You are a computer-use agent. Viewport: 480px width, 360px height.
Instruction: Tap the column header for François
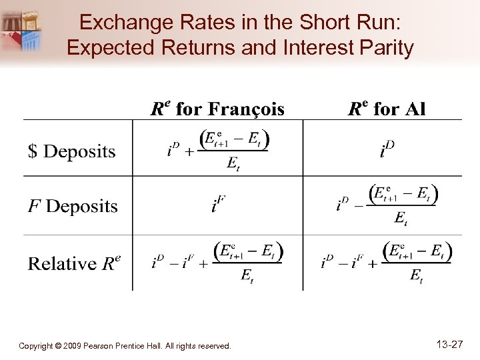pos(217,109)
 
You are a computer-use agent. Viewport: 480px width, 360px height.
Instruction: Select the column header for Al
pos(387,109)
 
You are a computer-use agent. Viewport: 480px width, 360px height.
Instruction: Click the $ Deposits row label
pos(72,152)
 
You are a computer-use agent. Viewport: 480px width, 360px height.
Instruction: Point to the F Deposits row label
pos(73,207)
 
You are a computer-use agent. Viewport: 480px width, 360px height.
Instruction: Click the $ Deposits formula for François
pos(219,149)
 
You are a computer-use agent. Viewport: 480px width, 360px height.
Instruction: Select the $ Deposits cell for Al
pos(387,151)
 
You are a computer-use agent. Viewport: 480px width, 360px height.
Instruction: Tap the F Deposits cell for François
pos(218,205)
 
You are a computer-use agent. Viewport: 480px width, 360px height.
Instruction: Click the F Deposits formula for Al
pos(387,204)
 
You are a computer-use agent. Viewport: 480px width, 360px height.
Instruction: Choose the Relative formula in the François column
pos(218,263)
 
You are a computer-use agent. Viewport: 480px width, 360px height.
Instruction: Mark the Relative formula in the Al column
pos(387,263)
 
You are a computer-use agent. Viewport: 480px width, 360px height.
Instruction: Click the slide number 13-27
pos(450,345)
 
